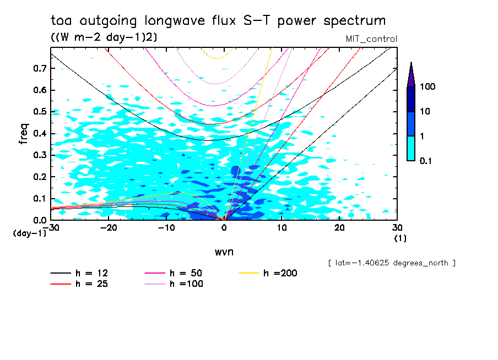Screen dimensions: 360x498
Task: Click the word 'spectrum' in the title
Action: click(355, 21)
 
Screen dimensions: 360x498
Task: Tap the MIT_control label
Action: click(371, 39)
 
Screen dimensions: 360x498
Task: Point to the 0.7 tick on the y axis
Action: click(39, 68)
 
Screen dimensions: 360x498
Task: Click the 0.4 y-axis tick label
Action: click(39, 134)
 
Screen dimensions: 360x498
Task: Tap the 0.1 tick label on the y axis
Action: click(39, 199)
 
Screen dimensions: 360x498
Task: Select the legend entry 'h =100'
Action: click(187, 284)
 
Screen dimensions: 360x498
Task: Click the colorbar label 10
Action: click(425, 112)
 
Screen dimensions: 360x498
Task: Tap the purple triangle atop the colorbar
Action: click(411, 75)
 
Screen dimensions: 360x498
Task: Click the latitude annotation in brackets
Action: click(391, 263)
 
